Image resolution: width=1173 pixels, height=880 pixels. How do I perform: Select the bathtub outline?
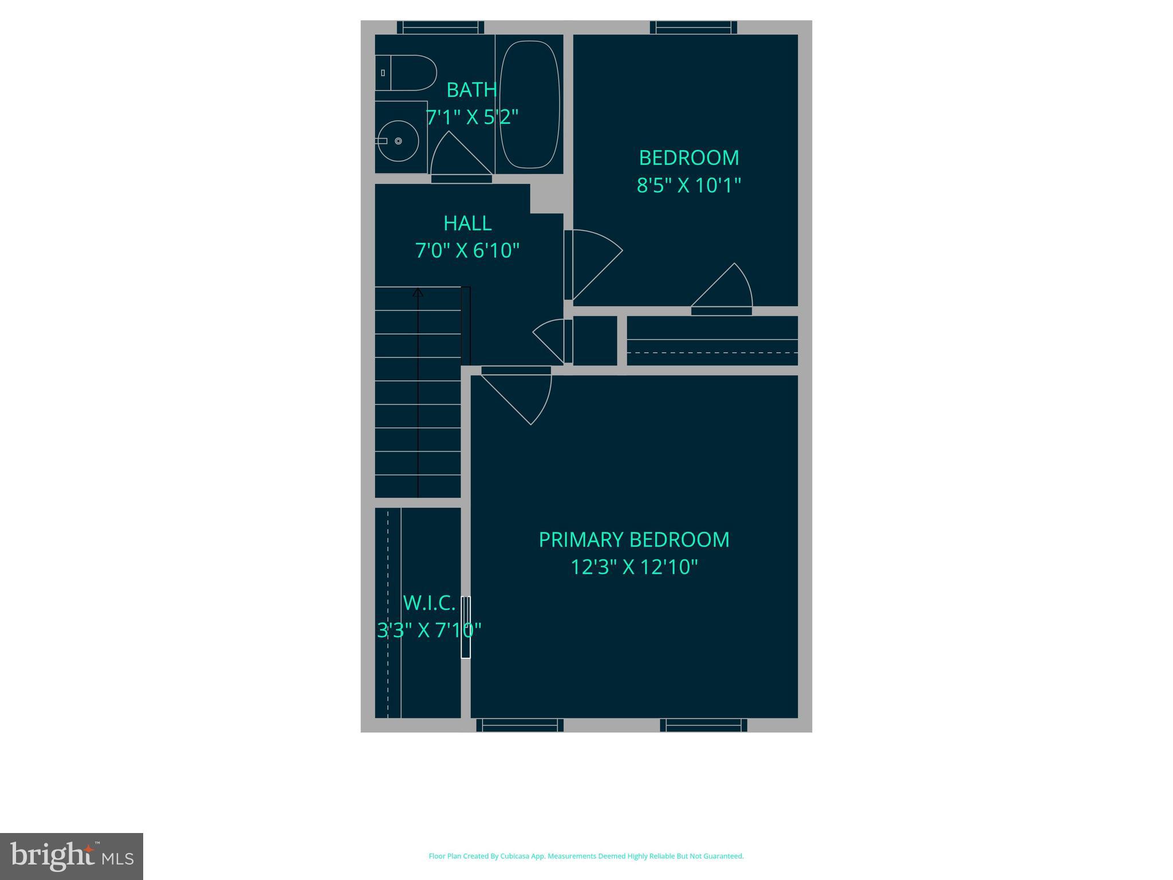pos(529,104)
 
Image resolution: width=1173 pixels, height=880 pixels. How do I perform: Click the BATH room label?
pos(471,90)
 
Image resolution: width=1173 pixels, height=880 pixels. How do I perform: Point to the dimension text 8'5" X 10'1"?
pos(688,186)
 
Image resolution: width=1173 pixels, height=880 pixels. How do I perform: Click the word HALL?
pos(467,223)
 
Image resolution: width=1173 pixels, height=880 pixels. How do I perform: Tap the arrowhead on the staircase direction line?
pos(418,293)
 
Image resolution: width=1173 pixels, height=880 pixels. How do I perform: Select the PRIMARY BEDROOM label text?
pos(634,540)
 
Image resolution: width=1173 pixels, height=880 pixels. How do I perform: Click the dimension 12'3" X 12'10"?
pos(634,567)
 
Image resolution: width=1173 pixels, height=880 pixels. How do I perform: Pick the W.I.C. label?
pos(429,603)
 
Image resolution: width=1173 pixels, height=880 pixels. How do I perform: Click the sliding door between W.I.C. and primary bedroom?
pos(466,627)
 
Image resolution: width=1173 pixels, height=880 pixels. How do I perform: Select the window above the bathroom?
pos(440,27)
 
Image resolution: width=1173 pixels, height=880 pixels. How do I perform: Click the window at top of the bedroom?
pos(693,27)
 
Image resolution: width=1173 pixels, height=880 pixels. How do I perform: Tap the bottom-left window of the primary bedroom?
pos(519,725)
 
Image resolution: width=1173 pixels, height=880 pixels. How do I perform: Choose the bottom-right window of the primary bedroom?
pos(703,725)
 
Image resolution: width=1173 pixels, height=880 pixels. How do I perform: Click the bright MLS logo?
pos(72,856)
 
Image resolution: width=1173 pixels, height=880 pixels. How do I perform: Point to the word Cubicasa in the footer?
pos(514,856)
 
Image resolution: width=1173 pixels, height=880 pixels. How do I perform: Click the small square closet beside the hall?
pos(595,340)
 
